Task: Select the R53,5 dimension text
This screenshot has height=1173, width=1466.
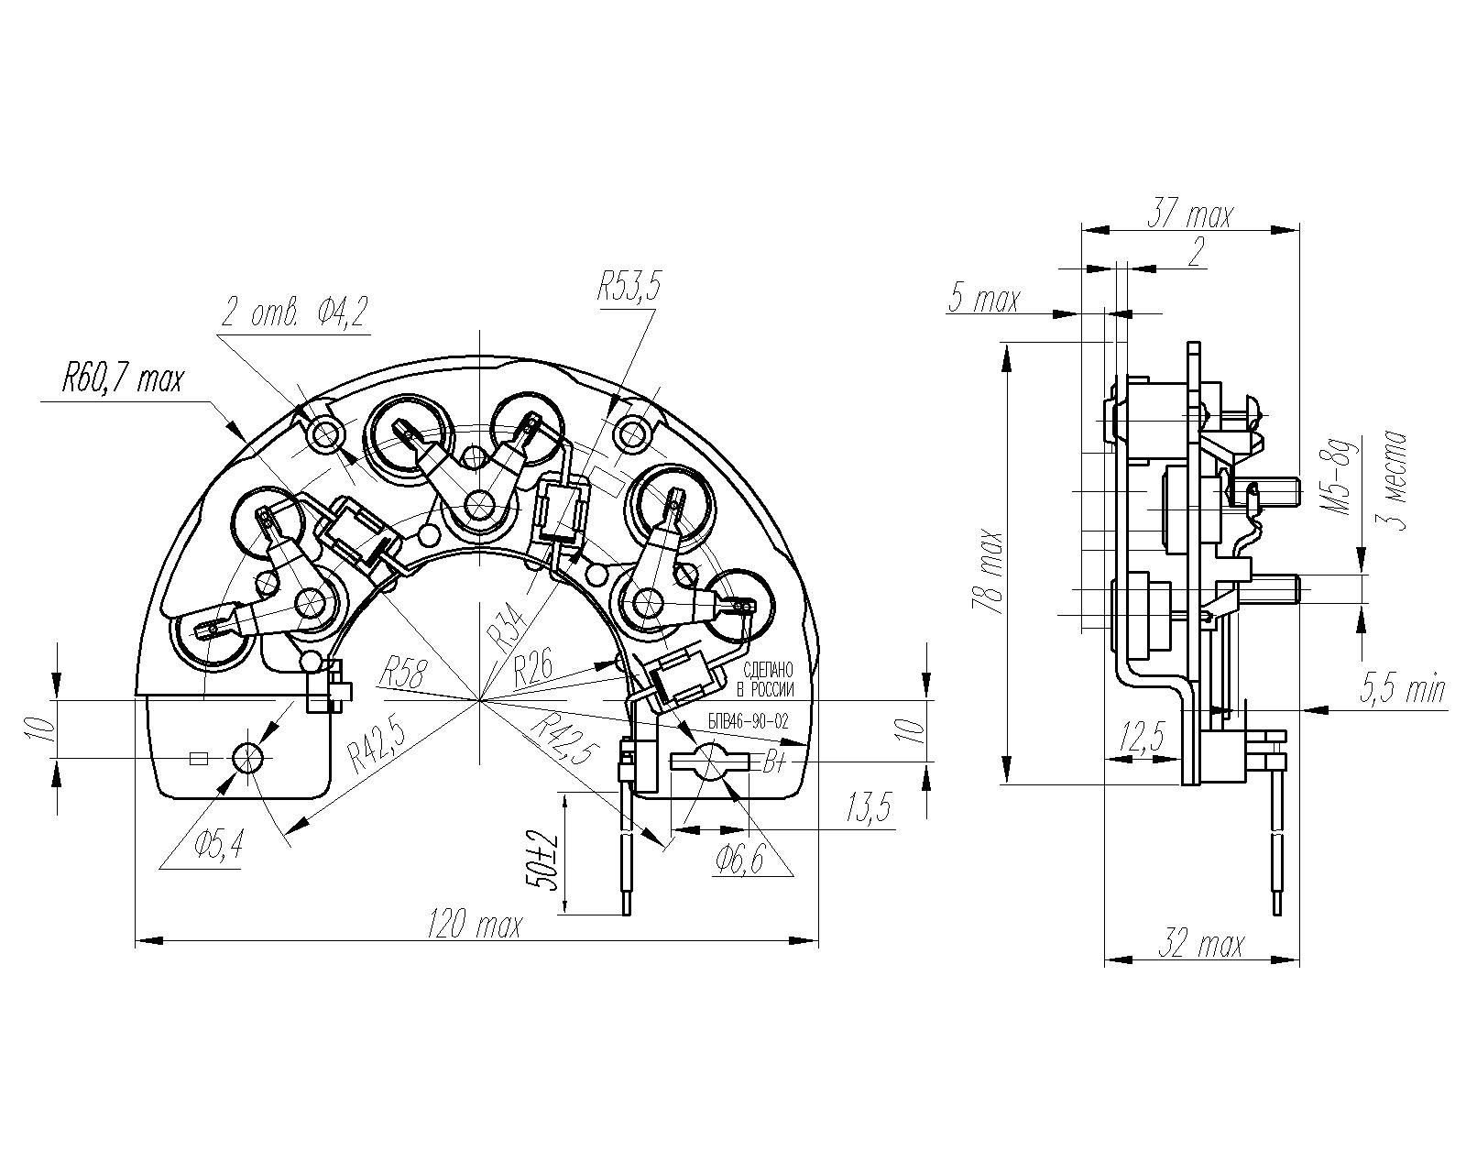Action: point(629,288)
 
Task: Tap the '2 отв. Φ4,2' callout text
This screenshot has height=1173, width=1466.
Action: point(294,313)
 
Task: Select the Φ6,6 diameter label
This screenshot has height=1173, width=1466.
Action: point(740,859)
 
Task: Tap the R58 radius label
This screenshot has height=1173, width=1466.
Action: point(402,672)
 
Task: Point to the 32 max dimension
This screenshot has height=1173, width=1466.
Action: point(1201,944)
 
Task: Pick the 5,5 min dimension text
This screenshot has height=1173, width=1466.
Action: point(1403,687)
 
